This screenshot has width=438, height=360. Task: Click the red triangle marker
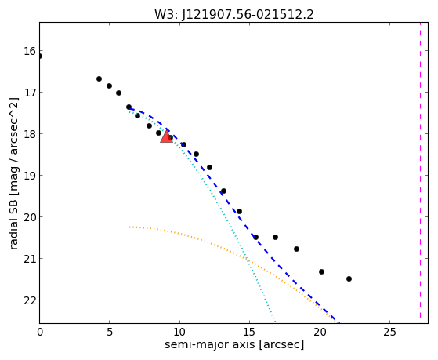tap(166, 136)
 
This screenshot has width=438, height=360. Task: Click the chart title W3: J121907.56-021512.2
tap(234, 15)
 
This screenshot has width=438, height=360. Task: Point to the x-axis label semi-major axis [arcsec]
tap(234, 344)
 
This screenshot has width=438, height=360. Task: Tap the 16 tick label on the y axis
tap(30, 51)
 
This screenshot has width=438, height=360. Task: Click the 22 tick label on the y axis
tap(30, 300)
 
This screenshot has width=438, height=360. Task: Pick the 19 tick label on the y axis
tap(30, 176)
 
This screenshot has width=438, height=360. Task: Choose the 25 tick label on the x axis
tap(389, 332)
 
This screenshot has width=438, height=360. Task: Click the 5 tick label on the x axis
tap(110, 332)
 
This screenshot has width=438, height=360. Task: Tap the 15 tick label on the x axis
tap(249, 332)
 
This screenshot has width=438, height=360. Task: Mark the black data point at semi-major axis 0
tap(40, 56)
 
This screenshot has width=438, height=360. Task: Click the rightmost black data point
tap(349, 278)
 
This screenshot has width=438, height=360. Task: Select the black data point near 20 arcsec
tap(321, 271)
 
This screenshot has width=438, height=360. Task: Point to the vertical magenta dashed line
tap(420, 170)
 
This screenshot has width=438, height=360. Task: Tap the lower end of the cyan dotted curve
tap(275, 322)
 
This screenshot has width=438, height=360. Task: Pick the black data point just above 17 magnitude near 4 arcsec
tap(100, 79)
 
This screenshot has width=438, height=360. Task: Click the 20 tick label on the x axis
tap(320, 332)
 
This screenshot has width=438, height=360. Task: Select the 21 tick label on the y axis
tap(30, 259)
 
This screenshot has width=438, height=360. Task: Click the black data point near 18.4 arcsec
tap(297, 249)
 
